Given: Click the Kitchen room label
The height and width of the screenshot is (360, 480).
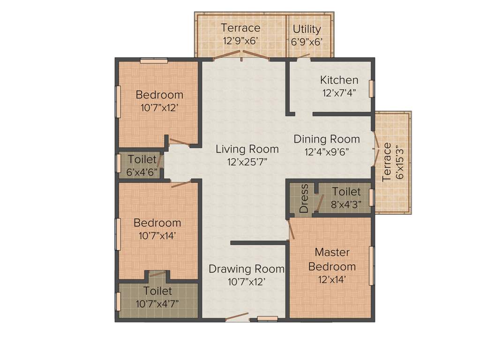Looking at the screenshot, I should click(339, 80).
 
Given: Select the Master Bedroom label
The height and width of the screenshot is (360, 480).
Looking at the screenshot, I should click(332, 259).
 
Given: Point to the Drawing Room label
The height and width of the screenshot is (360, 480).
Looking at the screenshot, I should click(247, 269).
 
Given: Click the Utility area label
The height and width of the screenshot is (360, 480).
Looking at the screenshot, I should click(307, 29).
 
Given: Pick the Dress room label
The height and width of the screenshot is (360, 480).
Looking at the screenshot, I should click(304, 199).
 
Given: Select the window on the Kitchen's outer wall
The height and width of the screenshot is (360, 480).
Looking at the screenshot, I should click(371, 89).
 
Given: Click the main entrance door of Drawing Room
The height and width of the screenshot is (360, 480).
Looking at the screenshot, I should click(237, 317).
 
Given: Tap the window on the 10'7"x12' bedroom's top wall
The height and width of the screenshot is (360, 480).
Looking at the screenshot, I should click(154, 60).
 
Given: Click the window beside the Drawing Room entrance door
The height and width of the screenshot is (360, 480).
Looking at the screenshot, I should click(268, 319).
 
